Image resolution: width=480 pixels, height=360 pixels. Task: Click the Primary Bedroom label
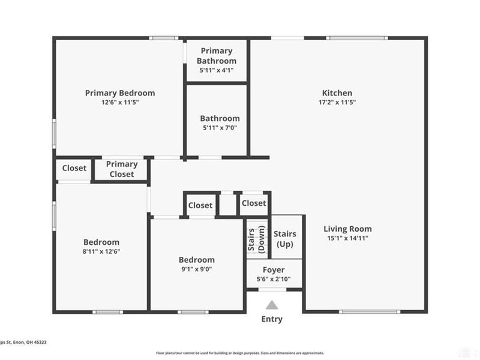point(120,93)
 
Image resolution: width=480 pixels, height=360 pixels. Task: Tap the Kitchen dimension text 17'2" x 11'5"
point(337,103)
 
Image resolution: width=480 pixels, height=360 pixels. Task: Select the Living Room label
point(347,229)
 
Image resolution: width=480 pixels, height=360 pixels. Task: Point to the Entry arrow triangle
point(272,305)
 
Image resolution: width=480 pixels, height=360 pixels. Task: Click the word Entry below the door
point(272,319)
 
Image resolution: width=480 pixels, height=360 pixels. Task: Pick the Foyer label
point(274,270)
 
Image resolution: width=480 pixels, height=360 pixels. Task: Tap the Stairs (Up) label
point(284,239)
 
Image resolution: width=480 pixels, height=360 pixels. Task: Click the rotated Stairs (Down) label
point(257,239)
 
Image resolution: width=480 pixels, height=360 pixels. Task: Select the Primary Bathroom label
point(217,56)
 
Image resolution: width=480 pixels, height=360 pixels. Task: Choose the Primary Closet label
point(122,169)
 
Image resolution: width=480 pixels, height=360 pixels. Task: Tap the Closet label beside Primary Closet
point(74,169)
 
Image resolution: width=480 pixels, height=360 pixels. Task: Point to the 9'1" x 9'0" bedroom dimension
point(196,269)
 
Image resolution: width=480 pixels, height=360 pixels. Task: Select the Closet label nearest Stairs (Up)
point(254,203)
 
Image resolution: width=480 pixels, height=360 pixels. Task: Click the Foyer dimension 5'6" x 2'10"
point(274,280)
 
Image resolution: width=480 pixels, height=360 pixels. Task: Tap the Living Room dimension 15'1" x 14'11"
point(347,238)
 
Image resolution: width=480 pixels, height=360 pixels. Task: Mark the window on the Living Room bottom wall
point(369,311)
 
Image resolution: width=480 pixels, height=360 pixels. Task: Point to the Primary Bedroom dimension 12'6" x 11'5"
point(120,103)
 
